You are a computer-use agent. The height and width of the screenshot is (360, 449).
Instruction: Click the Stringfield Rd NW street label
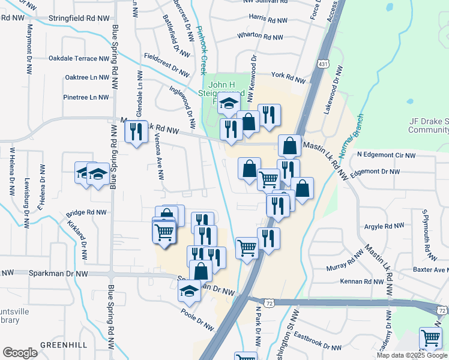pyautogui.click(x=75, y=18)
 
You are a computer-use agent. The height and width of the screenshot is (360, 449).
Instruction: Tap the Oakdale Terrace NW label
pyautogui.click(x=79, y=59)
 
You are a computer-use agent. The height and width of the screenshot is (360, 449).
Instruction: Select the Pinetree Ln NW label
pyautogui.click(x=86, y=97)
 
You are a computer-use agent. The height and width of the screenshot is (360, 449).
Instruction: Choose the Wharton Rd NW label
pyautogui.click(x=260, y=37)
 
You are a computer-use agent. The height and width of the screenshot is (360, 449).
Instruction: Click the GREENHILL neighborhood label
pyautogui.click(x=64, y=344)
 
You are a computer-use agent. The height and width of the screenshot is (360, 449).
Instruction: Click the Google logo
pyautogui.click(x=20, y=353)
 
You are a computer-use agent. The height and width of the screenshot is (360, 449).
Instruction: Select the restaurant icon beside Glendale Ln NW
pyautogui.click(x=136, y=130)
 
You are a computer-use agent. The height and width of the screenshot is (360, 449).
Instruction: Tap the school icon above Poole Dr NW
pyautogui.click(x=190, y=291)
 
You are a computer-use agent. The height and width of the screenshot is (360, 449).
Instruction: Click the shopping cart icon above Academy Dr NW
pyautogui.click(x=430, y=338)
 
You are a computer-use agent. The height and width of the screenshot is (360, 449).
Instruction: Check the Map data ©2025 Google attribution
pyautogui.click(x=411, y=355)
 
